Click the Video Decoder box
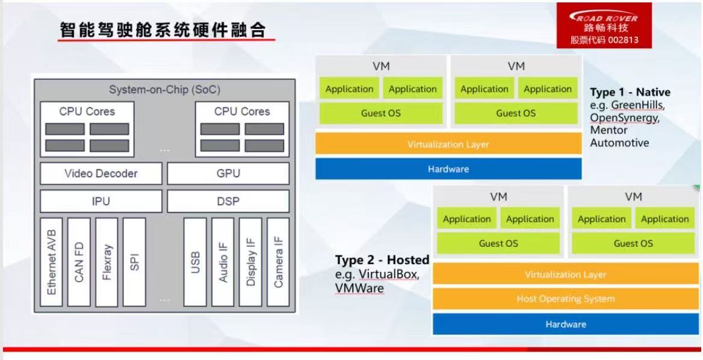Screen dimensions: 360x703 click(101, 173)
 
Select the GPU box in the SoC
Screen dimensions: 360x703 click(228, 173)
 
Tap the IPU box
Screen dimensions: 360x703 click(101, 201)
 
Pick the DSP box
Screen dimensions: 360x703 click(228, 201)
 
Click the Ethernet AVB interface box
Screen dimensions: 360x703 click(51, 262)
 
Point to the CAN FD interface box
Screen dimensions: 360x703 click(79, 262)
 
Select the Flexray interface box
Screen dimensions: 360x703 click(107, 262)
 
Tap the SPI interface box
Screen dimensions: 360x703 click(134, 262)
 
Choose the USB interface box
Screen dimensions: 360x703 click(195, 262)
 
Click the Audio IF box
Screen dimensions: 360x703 click(223, 262)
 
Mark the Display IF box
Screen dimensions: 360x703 click(250, 262)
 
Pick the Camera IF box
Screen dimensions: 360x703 click(278, 262)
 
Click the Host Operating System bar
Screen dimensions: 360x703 click(566, 299)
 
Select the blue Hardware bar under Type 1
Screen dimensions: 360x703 click(448, 169)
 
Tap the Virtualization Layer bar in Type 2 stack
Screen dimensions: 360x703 click(566, 275)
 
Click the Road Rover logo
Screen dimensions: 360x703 click(604, 17)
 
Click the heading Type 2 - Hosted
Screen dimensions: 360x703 click(382, 260)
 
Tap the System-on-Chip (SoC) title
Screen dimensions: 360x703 click(164, 90)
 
